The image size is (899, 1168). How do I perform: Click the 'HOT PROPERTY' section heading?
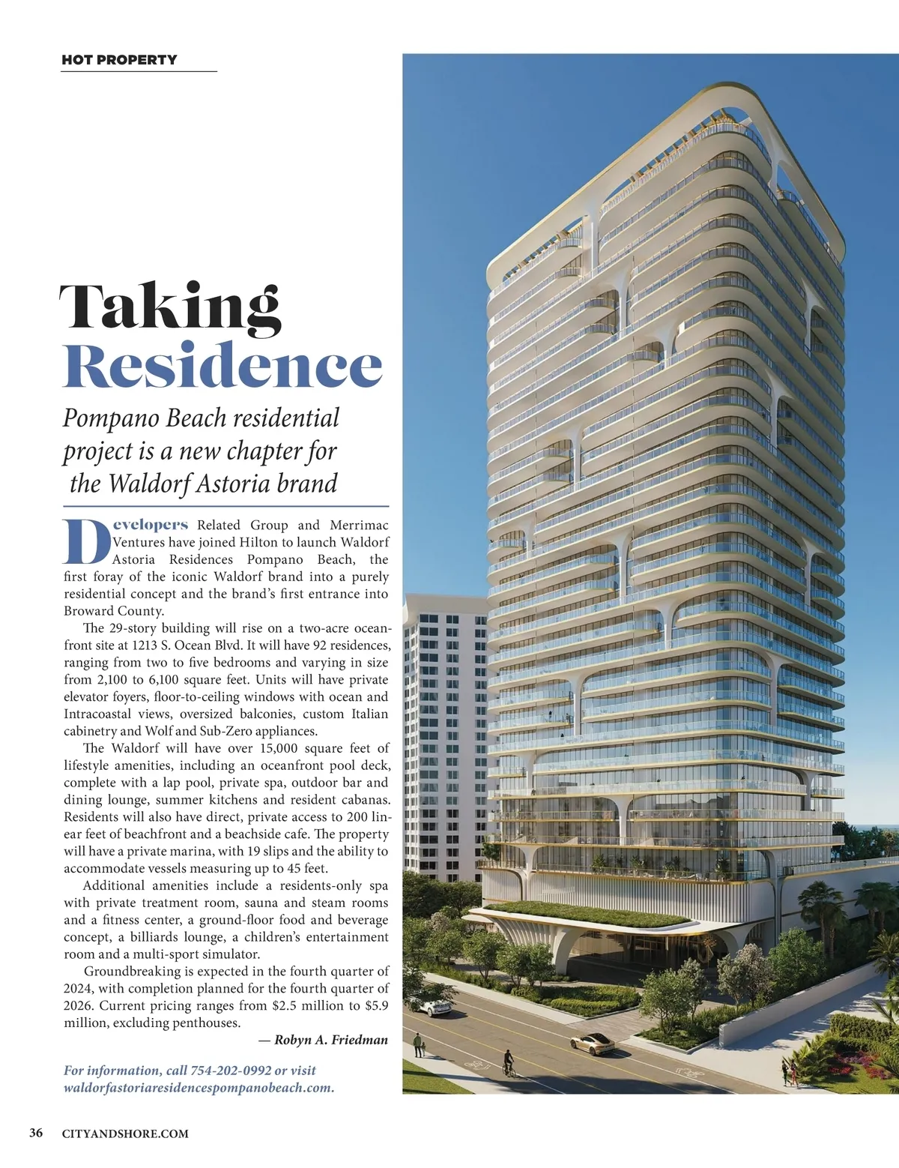(119, 60)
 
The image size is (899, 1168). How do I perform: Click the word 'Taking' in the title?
(170, 306)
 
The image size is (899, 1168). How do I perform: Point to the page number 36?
(35, 1133)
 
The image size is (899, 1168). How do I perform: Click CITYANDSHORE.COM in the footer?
(125, 1134)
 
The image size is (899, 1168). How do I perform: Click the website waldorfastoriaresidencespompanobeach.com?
(199, 1088)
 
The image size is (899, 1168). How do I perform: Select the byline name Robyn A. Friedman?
(331, 1040)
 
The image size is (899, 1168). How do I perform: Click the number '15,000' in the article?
(279, 748)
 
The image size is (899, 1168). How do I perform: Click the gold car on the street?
(591, 1043)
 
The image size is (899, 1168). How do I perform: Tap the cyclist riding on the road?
(509, 1063)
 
